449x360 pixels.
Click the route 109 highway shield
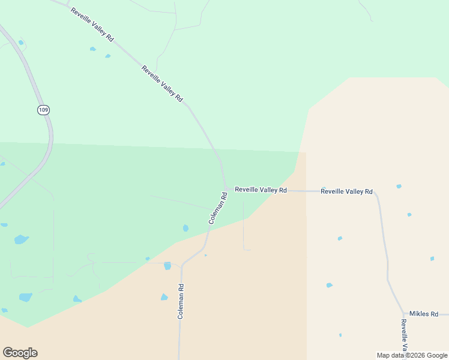43,110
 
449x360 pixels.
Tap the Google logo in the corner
20,353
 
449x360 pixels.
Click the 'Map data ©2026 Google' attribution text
412,355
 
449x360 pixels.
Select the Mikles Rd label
424,314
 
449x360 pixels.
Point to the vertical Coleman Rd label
180,301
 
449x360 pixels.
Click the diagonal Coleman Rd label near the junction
218,208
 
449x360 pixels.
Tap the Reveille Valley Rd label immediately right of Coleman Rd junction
261,190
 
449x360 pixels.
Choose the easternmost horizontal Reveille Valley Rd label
346,191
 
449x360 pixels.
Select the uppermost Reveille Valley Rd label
92,25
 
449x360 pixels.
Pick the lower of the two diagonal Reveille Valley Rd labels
162,83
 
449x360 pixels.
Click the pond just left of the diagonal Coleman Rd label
185,228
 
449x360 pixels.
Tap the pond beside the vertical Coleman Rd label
164,297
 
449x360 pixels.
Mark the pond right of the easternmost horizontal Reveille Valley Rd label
399,187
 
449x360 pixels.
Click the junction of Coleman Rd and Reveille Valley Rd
226,189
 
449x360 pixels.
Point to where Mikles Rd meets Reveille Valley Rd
403,314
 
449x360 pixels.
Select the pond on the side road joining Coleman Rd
167,266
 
